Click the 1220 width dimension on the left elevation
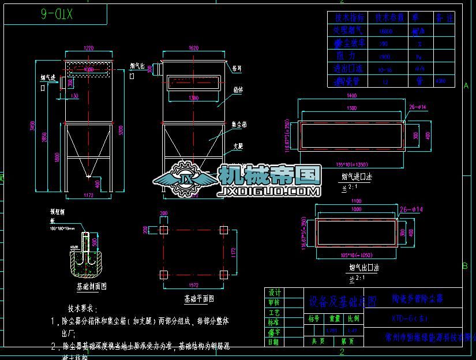tap(88, 48)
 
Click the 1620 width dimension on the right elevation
tap(193, 48)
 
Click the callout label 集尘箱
tap(239, 123)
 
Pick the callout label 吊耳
tap(237, 67)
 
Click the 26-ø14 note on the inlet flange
tap(418, 106)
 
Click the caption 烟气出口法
tap(363, 268)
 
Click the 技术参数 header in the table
tap(389, 18)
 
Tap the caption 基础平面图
tap(199, 299)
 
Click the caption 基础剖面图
tap(91, 286)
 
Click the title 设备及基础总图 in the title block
tap(342, 302)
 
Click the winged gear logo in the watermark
tap(185, 176)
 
